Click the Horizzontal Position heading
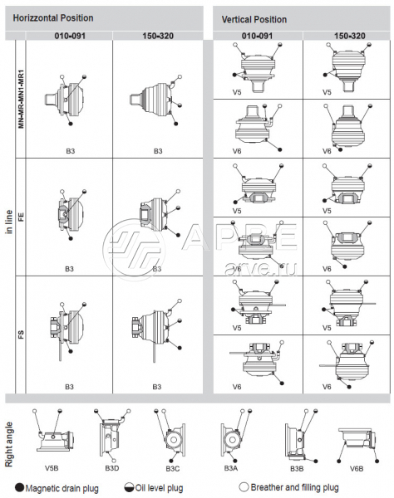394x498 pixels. (53, 18)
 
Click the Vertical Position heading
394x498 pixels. (254, 20)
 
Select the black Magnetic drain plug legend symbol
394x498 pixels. (20, 487)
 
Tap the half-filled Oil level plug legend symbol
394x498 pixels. (129, 487)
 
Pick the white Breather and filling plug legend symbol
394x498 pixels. (244, 487)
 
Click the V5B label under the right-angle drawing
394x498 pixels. (52, 468)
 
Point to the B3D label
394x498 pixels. (112, 468)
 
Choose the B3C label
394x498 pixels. (173, 468)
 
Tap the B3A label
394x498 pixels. (231, 468)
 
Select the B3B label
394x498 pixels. (297, 468)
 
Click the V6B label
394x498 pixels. (357, 468)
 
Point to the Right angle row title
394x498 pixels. (9, 444)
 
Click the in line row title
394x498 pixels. (9, 222)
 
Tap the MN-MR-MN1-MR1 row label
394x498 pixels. (21, 99)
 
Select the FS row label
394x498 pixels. (21, 334)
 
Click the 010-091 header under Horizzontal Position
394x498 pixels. (70, 36)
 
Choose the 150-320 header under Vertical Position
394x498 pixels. (349, 36)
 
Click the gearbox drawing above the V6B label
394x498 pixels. (357, 445)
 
